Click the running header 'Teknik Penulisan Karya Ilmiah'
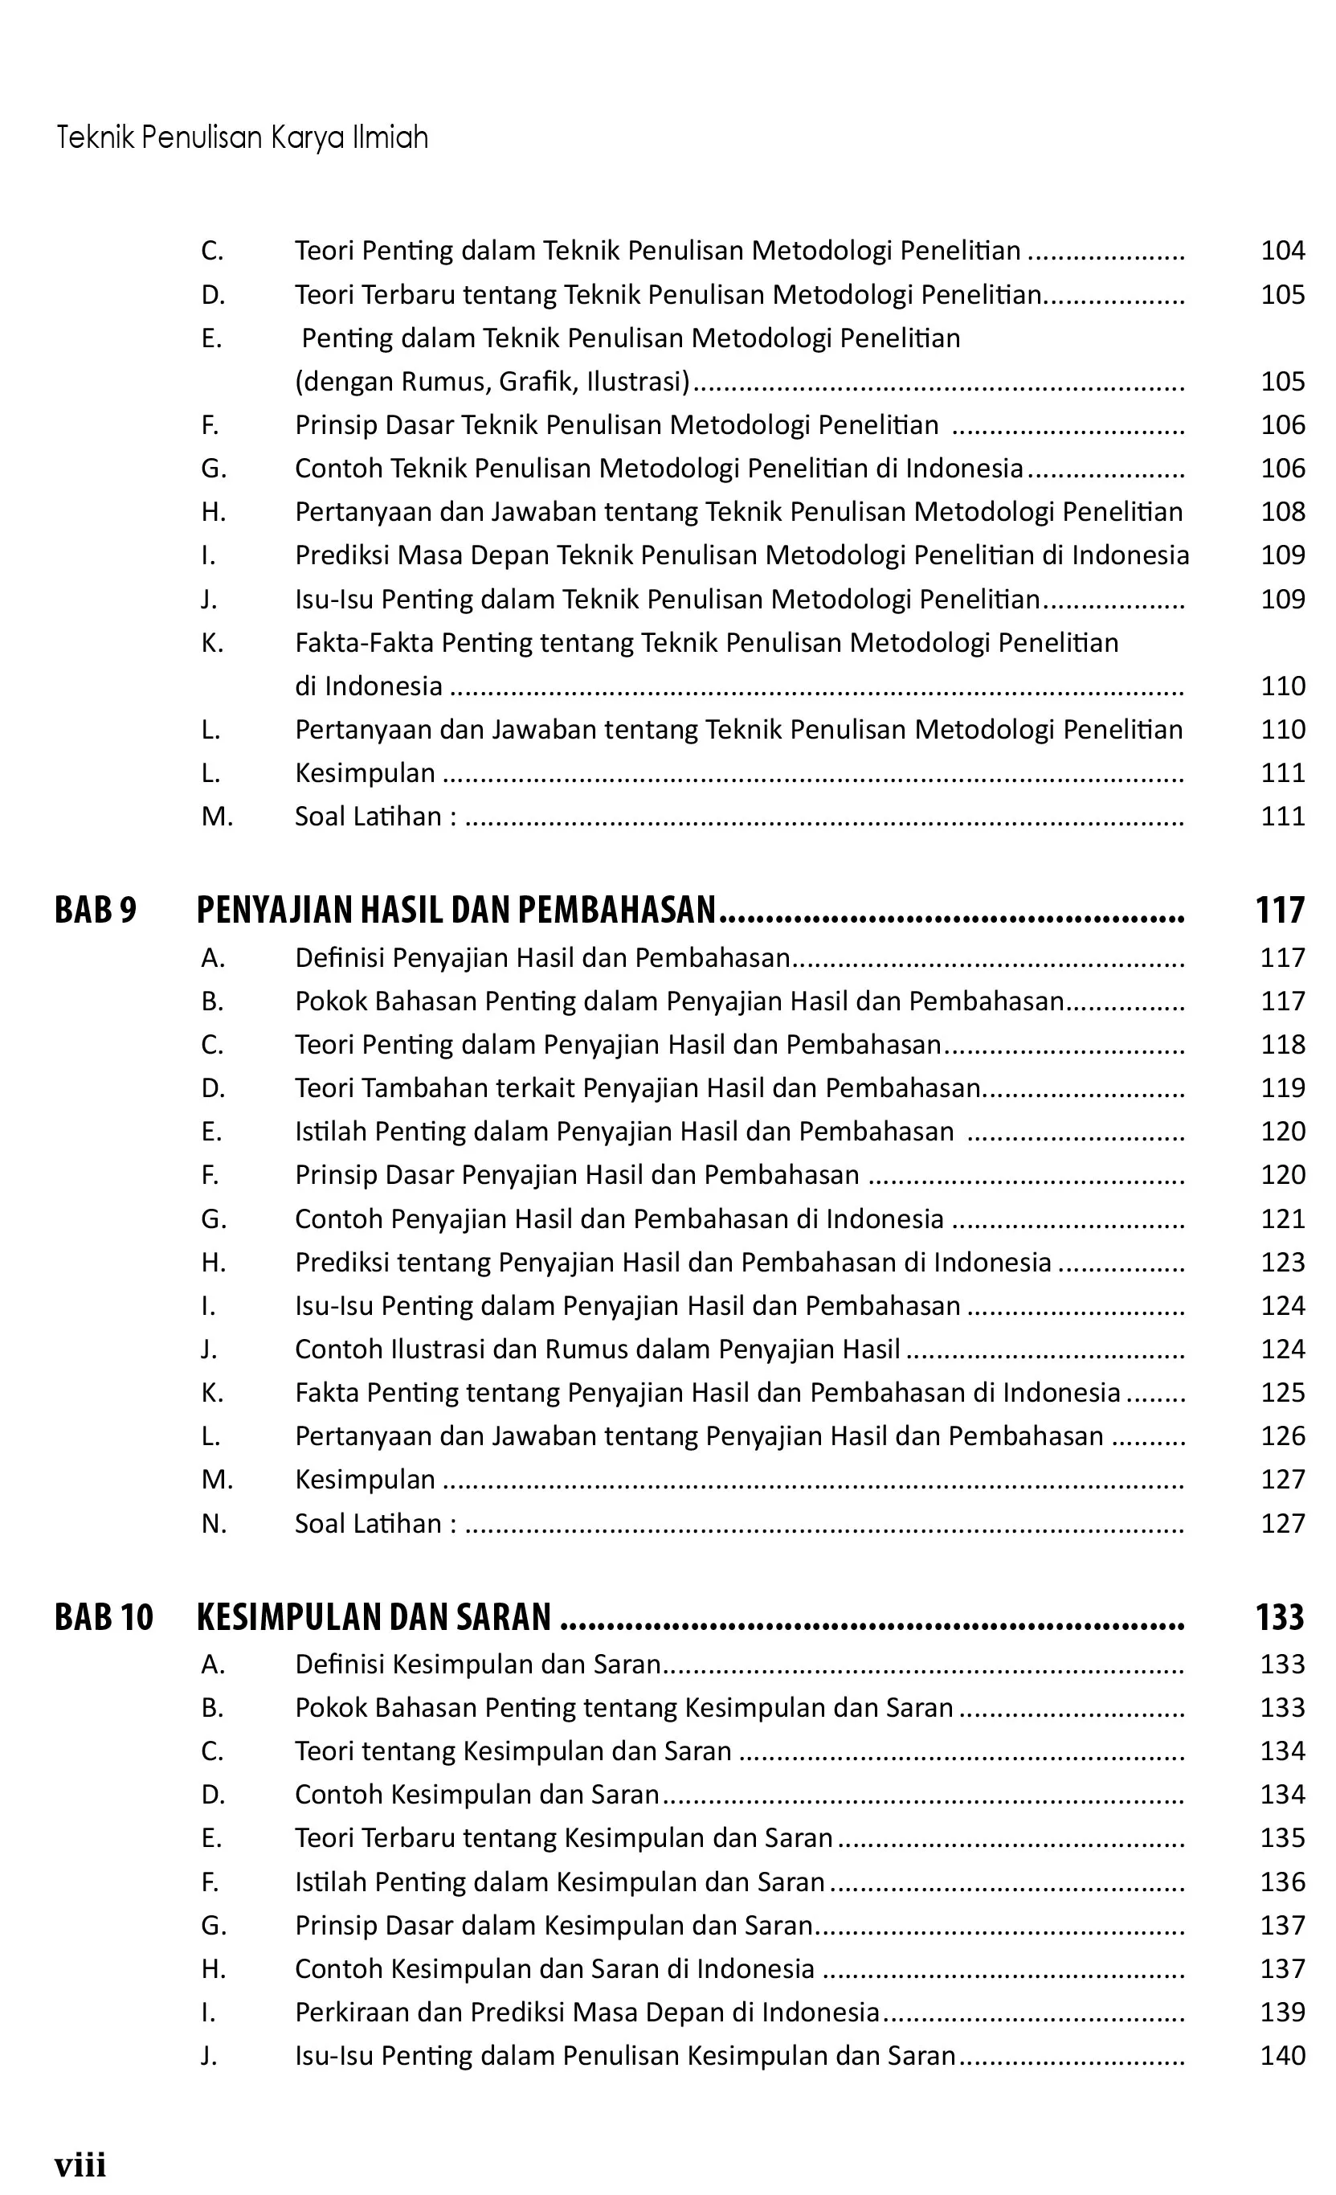tap(243, 137)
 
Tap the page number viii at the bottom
tap(80, 2164)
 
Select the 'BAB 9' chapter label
tap(96, 910)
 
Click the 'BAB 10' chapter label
tap(104, 1617)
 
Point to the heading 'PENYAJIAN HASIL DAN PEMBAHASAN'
tap(456, 910)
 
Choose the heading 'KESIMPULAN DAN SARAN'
tap(374, 1617)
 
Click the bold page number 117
tap(1280, 910)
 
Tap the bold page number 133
tap(1280, 1617)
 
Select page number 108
tap(1282, 511)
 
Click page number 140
tap(1282, 2055)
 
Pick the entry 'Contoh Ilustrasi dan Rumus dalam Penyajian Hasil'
tap(598, 1349)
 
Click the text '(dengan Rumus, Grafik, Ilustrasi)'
tap(492, 381)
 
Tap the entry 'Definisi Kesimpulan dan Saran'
tap(478, 1663)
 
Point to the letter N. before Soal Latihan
tap(214, 1523)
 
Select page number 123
tap(1282, 1263)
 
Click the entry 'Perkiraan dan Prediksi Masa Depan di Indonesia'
tap(587, 2012)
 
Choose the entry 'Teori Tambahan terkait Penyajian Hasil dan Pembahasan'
tap(638, 1087)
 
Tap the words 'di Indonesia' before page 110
tap(369, 686)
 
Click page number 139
tap(1282, 2012)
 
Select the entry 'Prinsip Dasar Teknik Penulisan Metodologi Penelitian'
tap(616, 425)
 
